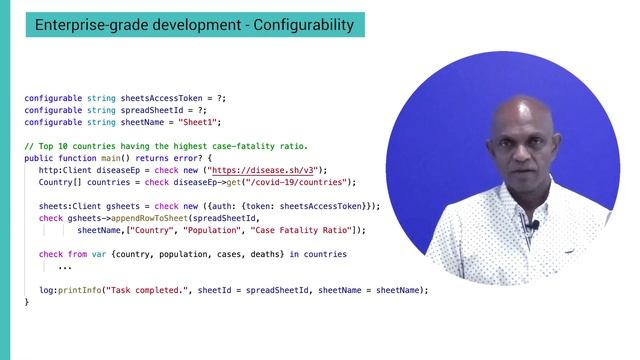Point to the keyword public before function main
(38, 158)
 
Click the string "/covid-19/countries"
(297, 182)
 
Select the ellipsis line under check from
(65, 267)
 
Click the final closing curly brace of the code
(27, 302)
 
